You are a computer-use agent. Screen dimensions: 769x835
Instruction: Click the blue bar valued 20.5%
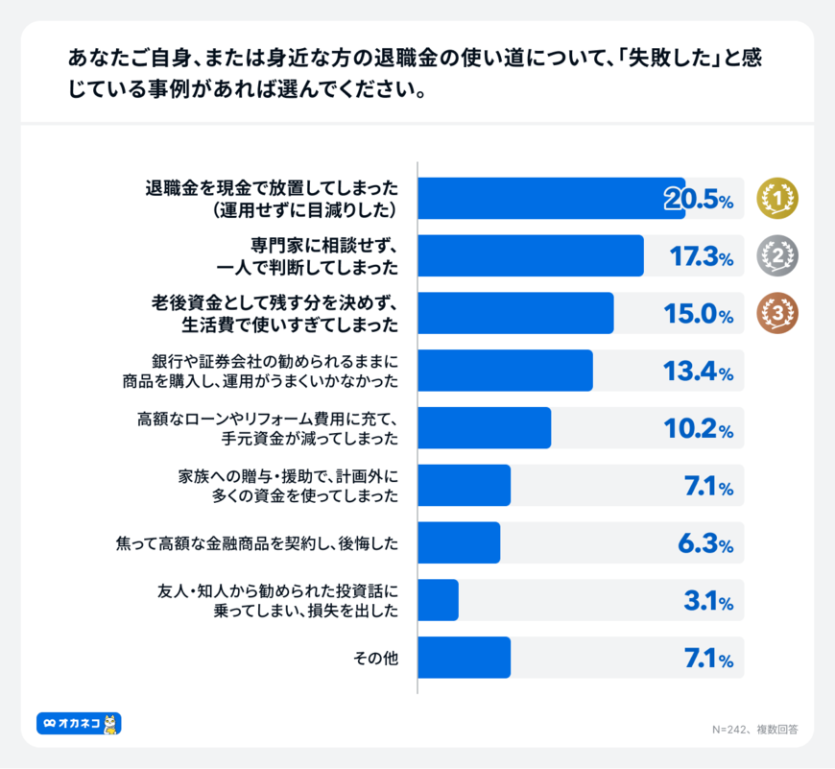coord(551,198)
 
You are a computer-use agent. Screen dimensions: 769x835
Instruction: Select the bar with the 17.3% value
coord(531,255)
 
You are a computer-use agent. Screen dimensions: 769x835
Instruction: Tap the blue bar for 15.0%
coord(515,313)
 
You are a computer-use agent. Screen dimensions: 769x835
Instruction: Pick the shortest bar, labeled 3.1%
coord(439,600)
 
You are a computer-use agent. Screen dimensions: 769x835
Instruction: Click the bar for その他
coord(465,658)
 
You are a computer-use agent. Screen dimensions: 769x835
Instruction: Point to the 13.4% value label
coord(699,372)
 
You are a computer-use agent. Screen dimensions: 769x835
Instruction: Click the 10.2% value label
coord(699,429)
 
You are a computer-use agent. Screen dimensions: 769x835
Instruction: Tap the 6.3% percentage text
coord(705,544)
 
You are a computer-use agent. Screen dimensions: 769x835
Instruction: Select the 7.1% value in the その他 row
coord(708,660)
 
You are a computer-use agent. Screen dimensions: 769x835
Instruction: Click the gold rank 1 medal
coord(777,198)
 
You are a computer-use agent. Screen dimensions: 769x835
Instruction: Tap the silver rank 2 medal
coord(777,255)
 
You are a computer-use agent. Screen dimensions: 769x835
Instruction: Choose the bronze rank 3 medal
coord(777,313)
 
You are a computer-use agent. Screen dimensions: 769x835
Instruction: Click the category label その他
coord(376,659)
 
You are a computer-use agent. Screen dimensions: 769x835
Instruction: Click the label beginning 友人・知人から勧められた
coord(276,600)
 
